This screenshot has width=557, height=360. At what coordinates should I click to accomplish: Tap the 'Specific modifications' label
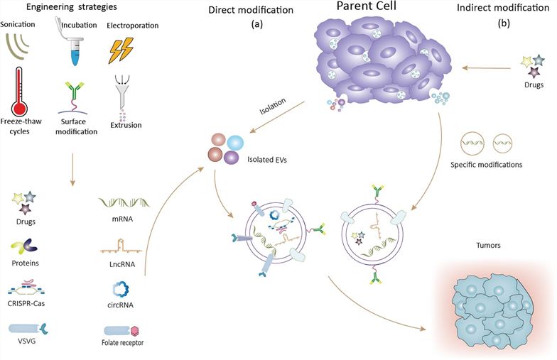click(487, 165)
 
